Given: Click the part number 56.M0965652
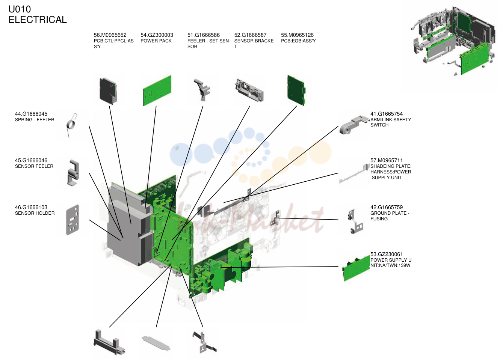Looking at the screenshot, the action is click(110, 35).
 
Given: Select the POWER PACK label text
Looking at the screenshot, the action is click(156, 41).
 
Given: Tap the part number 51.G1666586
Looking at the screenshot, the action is click(204, 35).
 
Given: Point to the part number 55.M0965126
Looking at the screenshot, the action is click(297, 35).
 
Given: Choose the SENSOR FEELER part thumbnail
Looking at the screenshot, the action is click(73, 172).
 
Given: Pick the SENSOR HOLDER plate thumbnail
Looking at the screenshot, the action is click(73, 220).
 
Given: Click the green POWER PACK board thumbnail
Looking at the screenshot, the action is click(157, 91).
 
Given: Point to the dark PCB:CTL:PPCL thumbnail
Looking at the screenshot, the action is click(108, 91).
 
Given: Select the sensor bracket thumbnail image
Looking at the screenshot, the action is click(249, 90).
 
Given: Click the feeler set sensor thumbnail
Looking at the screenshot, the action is click(202, 90).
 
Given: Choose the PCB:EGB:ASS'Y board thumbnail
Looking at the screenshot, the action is click(296, 90).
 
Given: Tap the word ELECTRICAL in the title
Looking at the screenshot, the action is click(38, 20).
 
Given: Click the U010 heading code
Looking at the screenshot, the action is click(20, 9).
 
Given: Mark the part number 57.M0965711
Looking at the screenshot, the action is click(387, 160).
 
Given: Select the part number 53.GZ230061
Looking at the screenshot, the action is click(387, 254).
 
